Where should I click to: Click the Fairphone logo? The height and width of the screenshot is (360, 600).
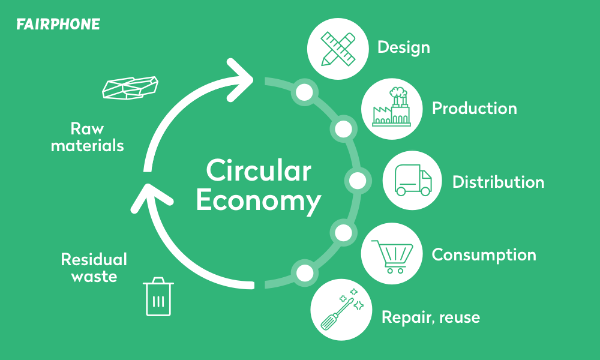click(58, 24)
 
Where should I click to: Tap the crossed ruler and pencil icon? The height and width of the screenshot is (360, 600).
click(338, 49)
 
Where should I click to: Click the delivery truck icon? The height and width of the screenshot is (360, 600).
click(413, 180)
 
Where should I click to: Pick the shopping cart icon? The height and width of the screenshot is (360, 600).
click(392, 256)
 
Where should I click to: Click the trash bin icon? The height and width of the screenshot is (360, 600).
click(158, 296)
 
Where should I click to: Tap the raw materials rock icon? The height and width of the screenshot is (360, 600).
click(130, 88)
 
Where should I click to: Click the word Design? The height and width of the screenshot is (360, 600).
click(404, 48)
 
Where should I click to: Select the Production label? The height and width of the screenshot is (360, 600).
click(475, 108)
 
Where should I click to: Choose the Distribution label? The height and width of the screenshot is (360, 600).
click(498, 182)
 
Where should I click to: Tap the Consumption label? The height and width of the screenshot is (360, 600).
click(484, 256)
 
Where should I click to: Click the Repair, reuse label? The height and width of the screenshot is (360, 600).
click(431, 317)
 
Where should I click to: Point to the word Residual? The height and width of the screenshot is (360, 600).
click(94, 259)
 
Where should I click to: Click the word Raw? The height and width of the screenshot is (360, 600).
click(87, 128)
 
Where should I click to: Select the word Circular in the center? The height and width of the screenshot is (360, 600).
click(259, 170)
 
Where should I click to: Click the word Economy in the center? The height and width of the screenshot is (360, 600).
click(259, 200)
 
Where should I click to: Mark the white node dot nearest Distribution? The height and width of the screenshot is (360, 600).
click(358, 181)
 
